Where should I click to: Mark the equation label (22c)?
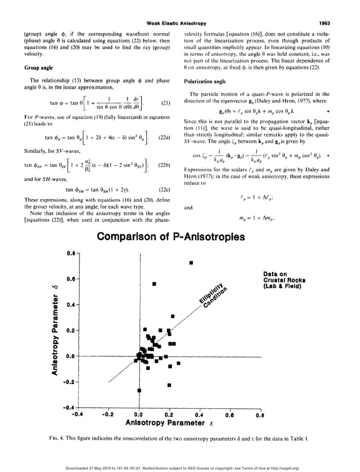pyautogui.click(x=165, y=190)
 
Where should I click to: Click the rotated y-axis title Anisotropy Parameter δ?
pyautogui.click(x=55, y=330)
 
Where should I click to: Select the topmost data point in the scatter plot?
pyautogui.click(x=191, y=263)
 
